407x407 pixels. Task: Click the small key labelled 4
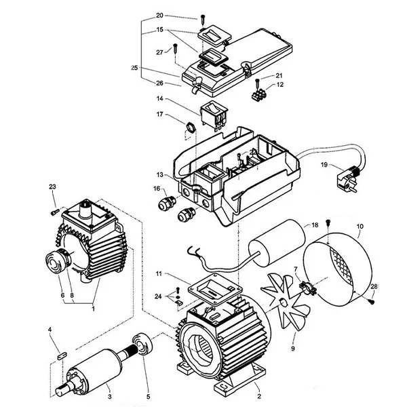pos(60,353)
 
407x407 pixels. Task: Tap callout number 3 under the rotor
pos(109,396)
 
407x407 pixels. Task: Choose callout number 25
pos(134,68)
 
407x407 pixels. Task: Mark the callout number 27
pos(160,52)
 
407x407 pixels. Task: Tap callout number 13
pos(159,174)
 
